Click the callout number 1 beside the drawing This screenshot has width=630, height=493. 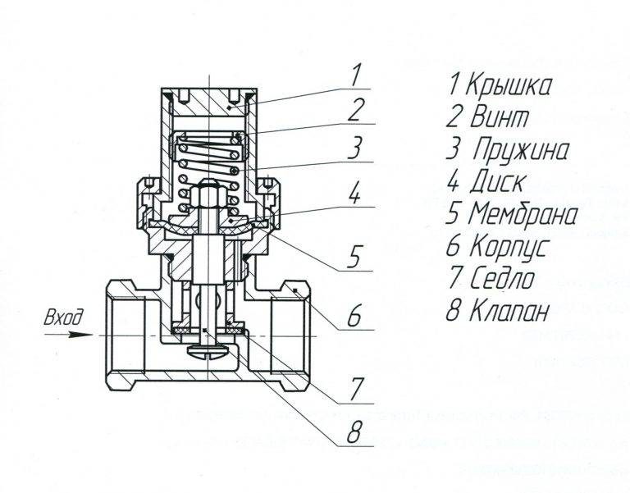tap(354, 75)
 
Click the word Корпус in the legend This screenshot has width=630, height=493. tap(509, 247)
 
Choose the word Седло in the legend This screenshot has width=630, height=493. tap(501, 279)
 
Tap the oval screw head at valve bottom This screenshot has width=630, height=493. tap(208, 350)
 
